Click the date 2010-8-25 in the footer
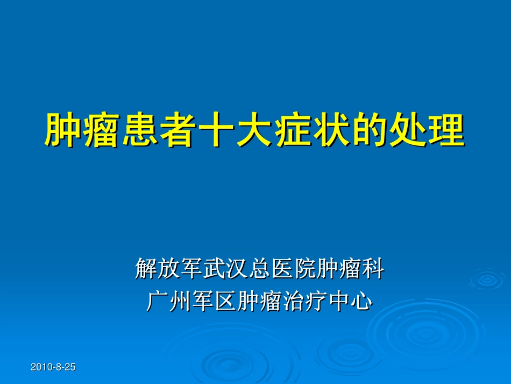(53, 367)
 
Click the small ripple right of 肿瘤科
(487, 280)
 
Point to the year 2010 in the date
(40, 367)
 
